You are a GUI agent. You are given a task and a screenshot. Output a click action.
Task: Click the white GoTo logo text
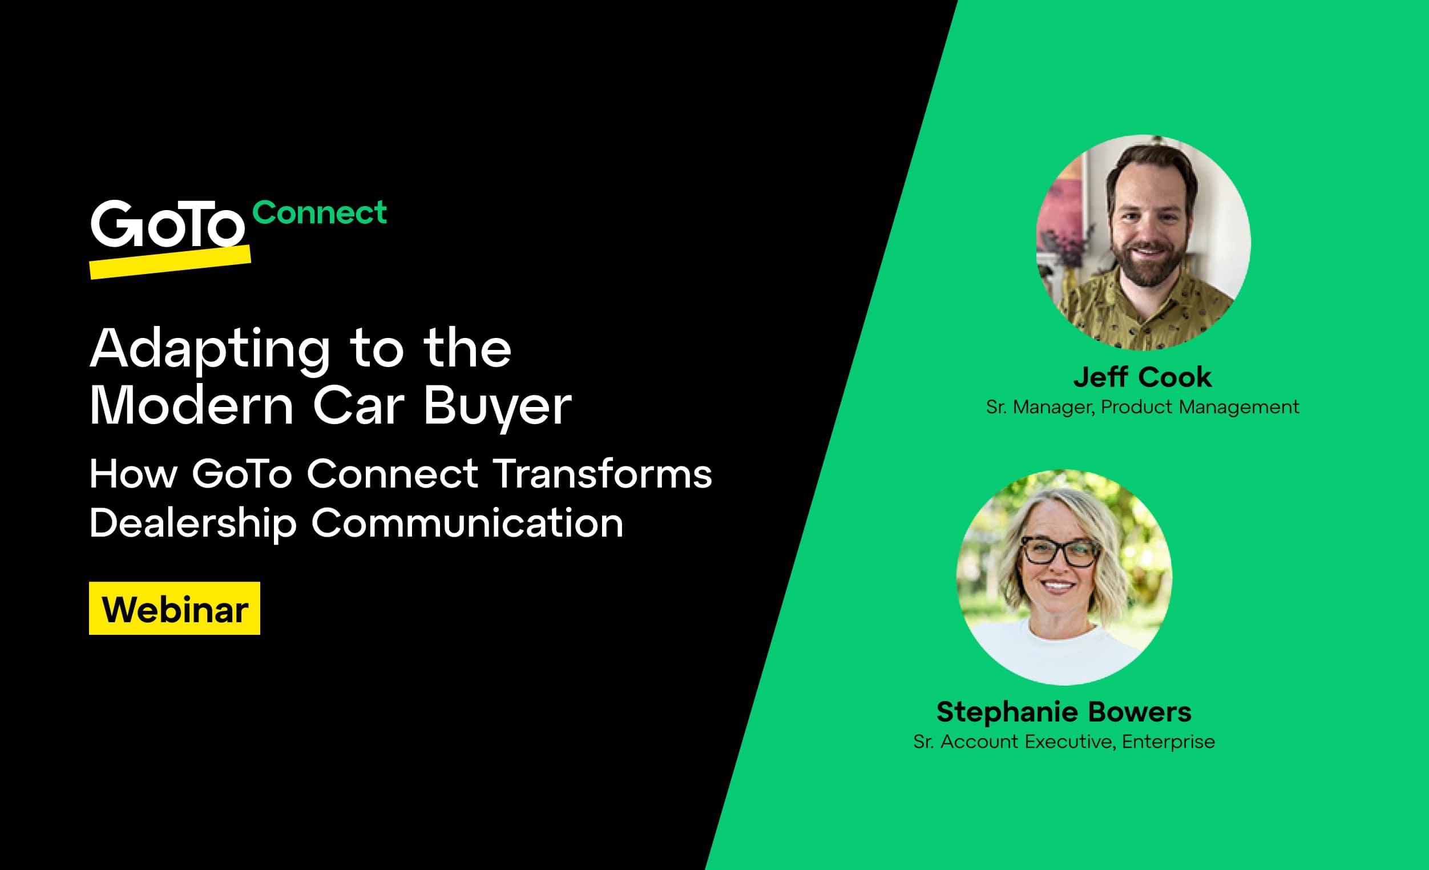click(x=167, y=224)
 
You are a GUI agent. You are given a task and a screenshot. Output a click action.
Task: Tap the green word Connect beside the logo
click(x=320, y=212)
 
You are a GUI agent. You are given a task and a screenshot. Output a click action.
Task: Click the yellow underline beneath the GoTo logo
click(x=170, y=262)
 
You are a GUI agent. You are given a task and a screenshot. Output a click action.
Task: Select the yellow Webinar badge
click(x=175, y=609)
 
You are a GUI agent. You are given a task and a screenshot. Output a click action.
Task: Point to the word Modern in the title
click(x=191, y=405)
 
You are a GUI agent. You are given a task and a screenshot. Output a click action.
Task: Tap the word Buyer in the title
click(x=497, y=405)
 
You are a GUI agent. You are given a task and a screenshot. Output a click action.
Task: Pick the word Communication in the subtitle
click(x=467, y=523)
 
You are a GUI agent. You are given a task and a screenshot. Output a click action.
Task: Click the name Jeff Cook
click(x=1142, y=377)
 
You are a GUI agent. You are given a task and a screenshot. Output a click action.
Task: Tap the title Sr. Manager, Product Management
click(x=1142, y=407)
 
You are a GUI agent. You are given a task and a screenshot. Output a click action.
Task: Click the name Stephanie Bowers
click(x=1064, y=712)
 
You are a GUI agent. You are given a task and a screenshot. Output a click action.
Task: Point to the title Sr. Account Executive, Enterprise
click(x=1064, y=742)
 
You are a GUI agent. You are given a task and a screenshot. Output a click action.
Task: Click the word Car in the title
click(x=358, y=405)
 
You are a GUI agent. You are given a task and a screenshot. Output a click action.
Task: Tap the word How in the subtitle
click(x=134, y=474)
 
